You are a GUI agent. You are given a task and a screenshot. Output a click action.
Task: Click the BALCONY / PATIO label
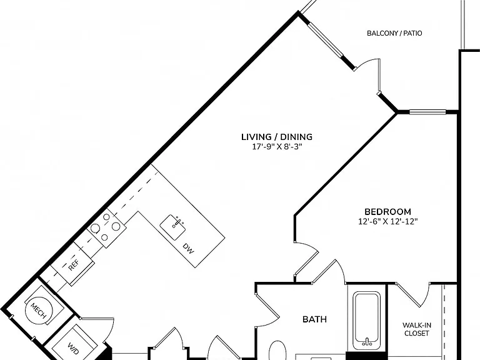[x=394, y=33]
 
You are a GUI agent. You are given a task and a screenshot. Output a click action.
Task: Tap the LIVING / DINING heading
[x=277, y=137]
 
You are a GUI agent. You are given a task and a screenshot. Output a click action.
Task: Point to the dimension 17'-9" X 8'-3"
[x=277, y=147]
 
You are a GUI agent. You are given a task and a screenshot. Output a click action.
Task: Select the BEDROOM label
[x=387, y=211]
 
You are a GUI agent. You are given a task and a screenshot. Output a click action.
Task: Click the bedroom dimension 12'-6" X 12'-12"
[x=388, y=221]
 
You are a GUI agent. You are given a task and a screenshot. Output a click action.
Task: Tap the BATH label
[x=314, y=319]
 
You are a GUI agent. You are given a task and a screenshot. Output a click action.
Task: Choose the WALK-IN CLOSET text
[x=417, y=329]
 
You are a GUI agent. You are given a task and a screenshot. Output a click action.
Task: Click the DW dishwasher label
[x=188, y=249]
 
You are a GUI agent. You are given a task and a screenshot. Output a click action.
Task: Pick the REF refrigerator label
[x=74, y=265]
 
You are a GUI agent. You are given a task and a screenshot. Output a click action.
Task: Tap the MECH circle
[x=39, y=311]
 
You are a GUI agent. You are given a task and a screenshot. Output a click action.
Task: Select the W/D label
[x=73, y=348]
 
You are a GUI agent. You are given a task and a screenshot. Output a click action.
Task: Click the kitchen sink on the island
[x=173, y=227]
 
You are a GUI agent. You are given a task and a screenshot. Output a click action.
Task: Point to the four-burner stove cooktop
[x=106, y=228]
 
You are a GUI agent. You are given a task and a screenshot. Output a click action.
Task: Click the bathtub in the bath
[x=366, y=320]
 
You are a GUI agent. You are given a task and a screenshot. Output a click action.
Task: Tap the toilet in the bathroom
[x=277, y=351]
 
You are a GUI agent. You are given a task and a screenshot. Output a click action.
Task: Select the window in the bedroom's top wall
[x=427, y=112]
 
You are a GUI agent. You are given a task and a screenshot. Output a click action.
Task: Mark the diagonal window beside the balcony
[x=326, y=39]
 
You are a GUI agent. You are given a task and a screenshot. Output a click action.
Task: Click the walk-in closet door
[x=414, y=296]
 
